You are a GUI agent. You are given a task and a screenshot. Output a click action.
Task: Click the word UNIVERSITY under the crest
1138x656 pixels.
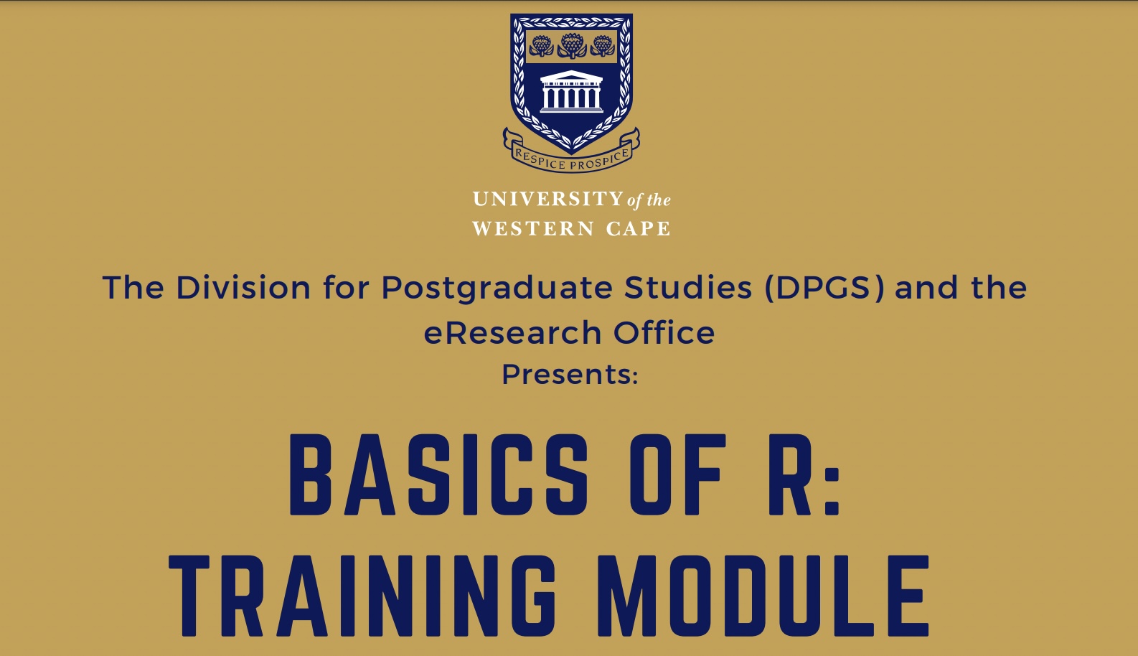pyautogui.click(x=547, y=199)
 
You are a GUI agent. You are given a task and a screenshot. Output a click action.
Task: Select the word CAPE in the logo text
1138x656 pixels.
pyautogui.click(x=638, y=229)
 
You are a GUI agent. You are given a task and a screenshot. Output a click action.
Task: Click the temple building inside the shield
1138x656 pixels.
pyautogui.click(x=571, y=92)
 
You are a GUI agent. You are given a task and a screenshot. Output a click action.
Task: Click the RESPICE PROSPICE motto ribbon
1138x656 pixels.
pyautogui.click(x=571, y=159)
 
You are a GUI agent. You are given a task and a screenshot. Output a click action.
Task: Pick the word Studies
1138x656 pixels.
pyautogui.click(x=688, y=288)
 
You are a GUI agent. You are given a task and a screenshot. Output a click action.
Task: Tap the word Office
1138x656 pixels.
pyautogui.click(x=664, y=333)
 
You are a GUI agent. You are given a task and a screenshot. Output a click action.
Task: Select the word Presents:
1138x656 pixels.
pyautogui.click(x=570, y=375)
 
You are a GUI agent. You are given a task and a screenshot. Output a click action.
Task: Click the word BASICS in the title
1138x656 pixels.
pyautogui.click(x=438, y=475)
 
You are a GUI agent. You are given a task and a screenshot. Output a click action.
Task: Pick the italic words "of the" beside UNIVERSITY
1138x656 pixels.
pyautogui.click(x=649, y=200)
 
